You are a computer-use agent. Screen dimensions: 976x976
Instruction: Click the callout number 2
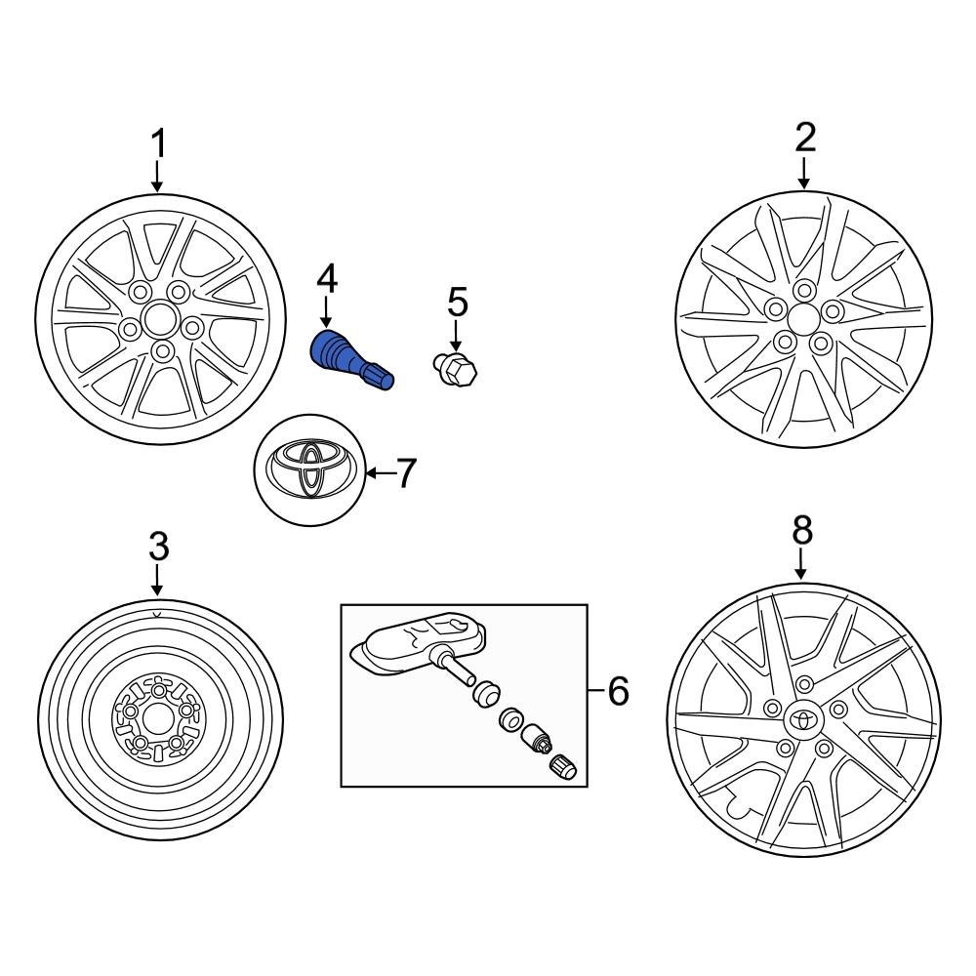(x=804, y=138)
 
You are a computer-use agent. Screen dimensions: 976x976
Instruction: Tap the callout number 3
(x=158, y=547)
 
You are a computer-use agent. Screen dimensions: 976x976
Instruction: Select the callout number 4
(x=326, y=280)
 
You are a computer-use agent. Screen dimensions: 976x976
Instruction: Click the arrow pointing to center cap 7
(x=377, y=474)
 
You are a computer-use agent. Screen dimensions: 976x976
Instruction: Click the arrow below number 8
(x=801, y=563)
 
